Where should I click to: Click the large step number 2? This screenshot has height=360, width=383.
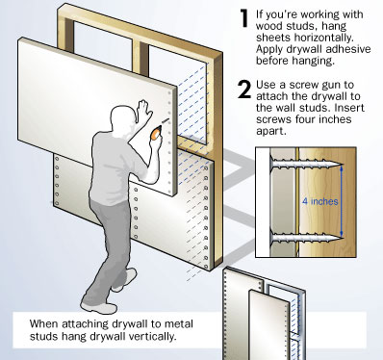243,90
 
